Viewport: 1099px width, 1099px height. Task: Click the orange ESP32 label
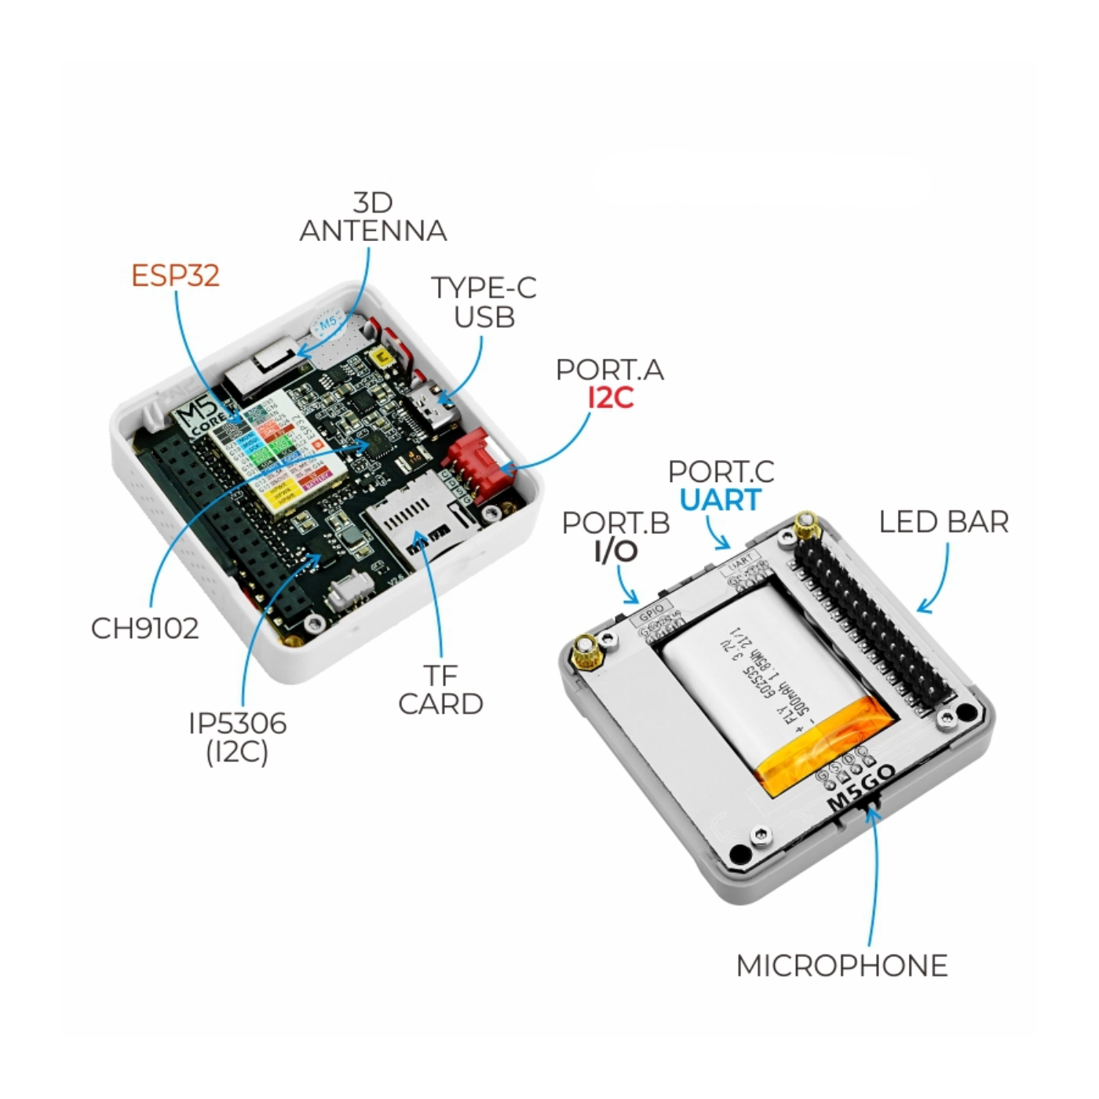point(175,276)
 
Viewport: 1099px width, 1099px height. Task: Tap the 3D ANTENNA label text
point(373,217)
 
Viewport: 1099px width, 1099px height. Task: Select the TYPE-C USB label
point(484,302)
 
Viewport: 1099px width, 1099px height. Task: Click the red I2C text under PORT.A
point(610,398)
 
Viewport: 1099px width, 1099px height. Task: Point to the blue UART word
point(720,500)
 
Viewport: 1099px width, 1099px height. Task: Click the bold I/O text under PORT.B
point(615,552)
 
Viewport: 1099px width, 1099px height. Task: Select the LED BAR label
point(943,522)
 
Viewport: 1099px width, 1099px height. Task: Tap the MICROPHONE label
point(842,966)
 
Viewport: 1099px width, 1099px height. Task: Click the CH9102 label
point(145,629)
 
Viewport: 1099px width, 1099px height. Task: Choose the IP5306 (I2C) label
point(237,737)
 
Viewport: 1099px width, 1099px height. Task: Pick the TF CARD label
point(440,690)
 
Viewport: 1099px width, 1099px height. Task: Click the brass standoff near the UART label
point(804,527)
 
